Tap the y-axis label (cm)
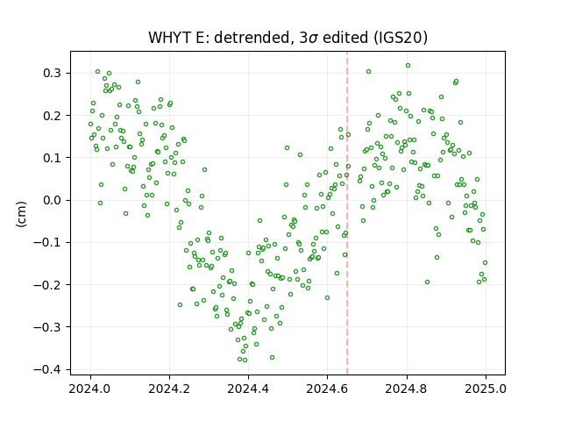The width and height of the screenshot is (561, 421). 21,214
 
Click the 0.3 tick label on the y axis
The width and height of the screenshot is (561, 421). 53,73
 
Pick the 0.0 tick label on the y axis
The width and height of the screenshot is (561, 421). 53,200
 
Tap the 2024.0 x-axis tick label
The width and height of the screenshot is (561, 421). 90,389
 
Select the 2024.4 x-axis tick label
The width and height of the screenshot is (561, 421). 248,389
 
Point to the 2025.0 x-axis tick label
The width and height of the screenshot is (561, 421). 486,389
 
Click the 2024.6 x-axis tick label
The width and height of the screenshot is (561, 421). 327,389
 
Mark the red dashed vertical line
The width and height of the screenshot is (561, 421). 347,213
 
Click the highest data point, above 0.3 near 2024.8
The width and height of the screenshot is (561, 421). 408,66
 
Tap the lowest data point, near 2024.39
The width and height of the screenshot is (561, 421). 245,360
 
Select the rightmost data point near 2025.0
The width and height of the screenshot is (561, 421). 485,263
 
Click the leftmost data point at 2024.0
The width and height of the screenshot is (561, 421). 90,125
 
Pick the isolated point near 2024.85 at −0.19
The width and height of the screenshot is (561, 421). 427,282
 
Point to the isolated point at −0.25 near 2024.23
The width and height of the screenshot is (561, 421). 180,304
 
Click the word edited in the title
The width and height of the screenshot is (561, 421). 345,38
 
